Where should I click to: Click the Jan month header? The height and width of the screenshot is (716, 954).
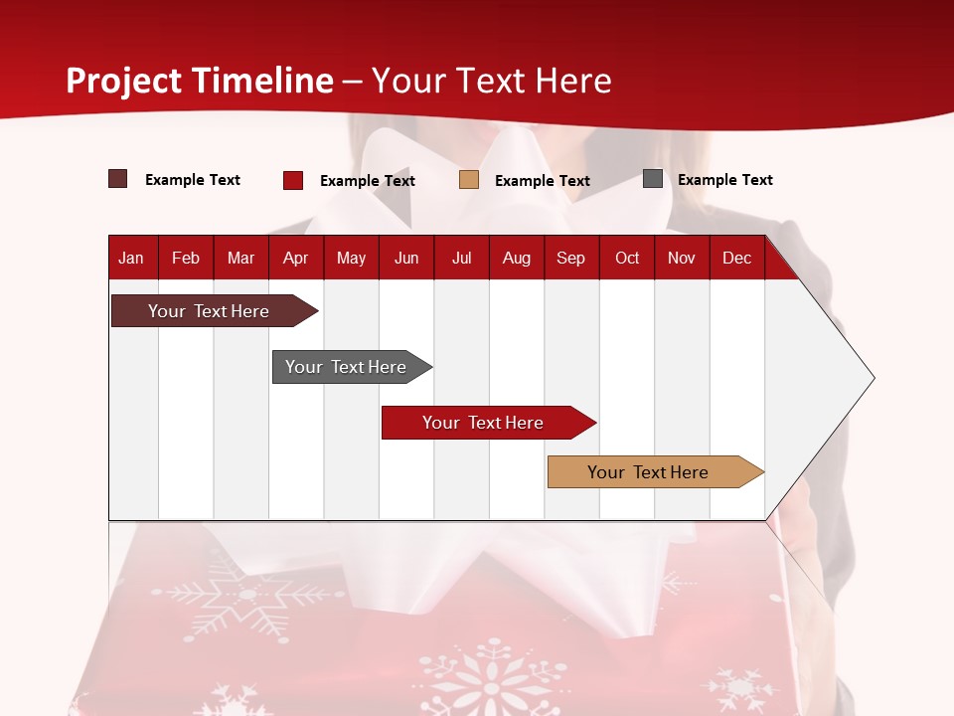[x=131, y=258]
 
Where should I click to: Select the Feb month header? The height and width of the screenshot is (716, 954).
[x=186, y=258]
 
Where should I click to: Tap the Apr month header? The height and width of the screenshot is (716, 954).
[x=295, y=258]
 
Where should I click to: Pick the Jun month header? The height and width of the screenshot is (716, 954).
[x=406, y=258]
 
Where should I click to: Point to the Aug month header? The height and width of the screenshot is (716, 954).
[x=517, y=258]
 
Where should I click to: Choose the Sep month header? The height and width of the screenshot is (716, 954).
[x=570, y=258]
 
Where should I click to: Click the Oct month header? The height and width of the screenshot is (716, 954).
[x=627, y=258]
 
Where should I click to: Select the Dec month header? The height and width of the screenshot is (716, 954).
[x=736, y=258]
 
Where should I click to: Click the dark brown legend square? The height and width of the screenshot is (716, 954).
[x=118, y=179]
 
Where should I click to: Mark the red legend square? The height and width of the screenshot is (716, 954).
[x=293, y=180]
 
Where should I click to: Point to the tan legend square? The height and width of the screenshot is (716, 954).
[x=469, y=180]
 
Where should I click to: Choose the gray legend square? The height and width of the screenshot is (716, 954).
[x=653, y=179]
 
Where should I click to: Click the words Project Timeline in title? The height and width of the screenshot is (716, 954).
[x=200, y=81]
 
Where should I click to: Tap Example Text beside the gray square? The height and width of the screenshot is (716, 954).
[x=724, y=180]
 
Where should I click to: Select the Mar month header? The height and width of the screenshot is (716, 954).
[x=240, y=258]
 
